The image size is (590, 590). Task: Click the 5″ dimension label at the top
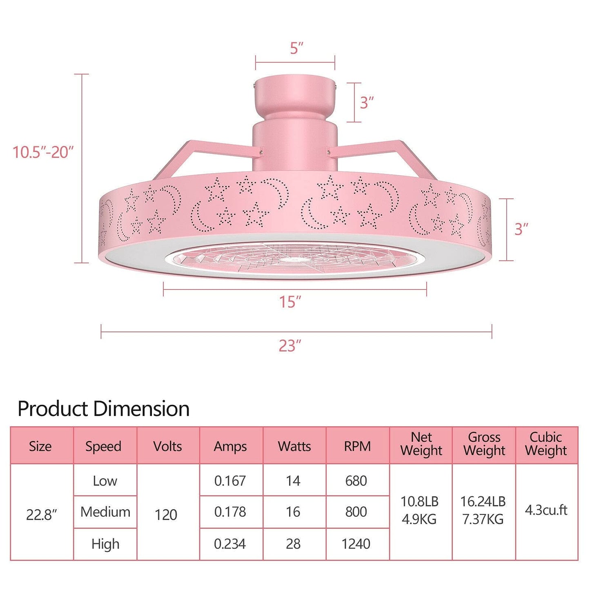coord(296,48)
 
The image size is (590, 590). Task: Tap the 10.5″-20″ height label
coord(43,152)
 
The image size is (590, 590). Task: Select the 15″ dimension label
coord(290,302)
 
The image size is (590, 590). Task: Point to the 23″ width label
coord(290,346)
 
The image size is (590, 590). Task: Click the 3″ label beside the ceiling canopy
coord(367,102)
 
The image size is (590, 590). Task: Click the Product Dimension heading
coord(104,409)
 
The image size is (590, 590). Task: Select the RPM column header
coord(357,446)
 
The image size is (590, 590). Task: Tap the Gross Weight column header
coord(484,444)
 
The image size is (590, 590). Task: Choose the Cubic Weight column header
coord(546,444)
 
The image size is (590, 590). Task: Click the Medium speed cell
coord(105,512)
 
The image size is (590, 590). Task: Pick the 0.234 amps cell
coord(230,544)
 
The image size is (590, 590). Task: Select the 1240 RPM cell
coord(356,544)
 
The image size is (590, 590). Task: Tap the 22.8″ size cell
coord(41,514)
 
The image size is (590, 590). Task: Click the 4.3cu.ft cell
coord(546,510)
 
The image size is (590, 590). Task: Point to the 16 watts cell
coord(293,512)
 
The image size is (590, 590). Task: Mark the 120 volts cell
coord(166,514)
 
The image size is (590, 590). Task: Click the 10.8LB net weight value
coord(419,501)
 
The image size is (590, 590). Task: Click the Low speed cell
coord(105,481)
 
